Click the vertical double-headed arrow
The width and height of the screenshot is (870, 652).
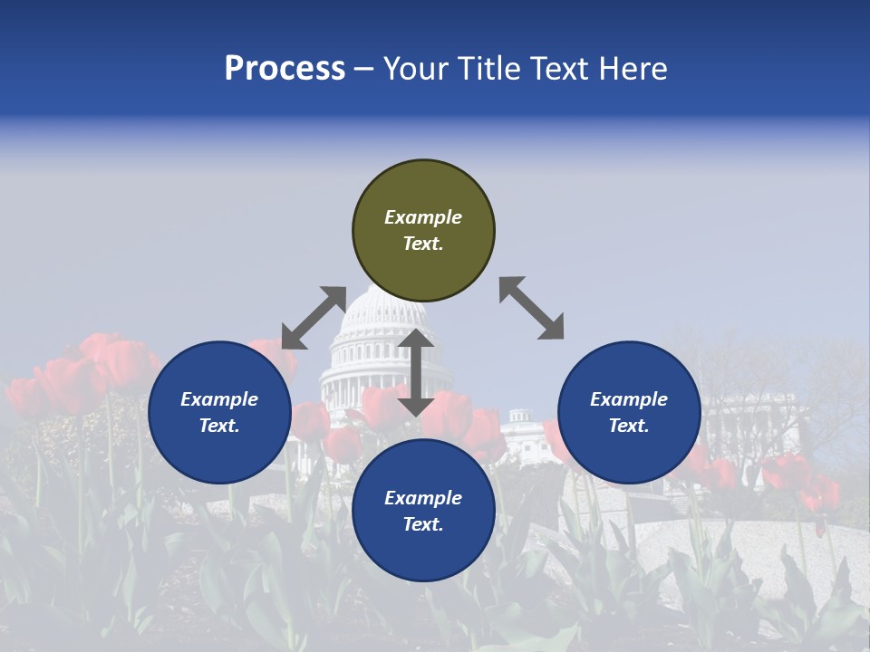416,372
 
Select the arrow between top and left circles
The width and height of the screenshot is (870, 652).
314,318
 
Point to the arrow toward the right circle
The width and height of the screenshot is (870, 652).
532,309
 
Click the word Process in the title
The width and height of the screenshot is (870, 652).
285,68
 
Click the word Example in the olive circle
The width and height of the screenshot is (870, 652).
423,217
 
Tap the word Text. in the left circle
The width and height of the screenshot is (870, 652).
219,426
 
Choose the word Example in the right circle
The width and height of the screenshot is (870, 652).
629,399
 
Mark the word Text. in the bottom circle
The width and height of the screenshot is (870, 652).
423,524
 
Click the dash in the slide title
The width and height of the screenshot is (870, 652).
364,69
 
